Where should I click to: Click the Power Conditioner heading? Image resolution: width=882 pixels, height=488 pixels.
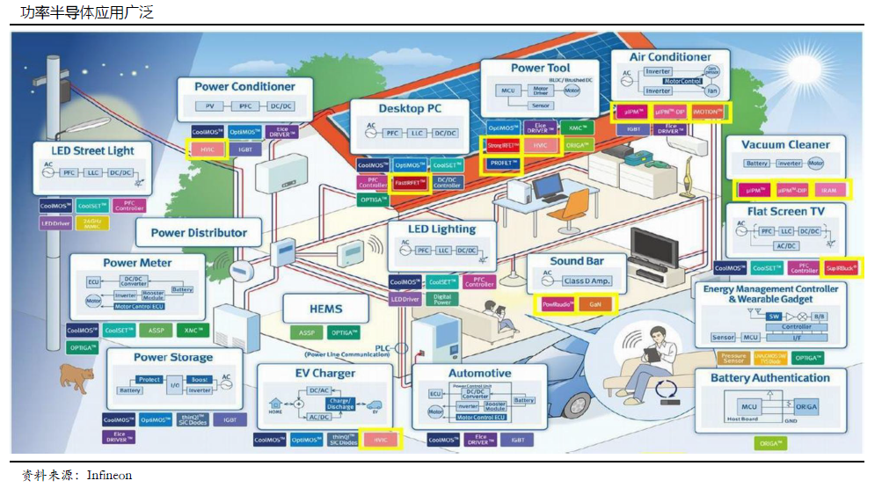pyautogui.click(x=245, y=86)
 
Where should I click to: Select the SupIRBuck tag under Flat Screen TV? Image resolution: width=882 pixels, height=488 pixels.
pyautogui.click(x=842, y=267)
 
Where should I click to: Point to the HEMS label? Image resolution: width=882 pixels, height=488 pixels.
pyautogui.click(x=325, y=310)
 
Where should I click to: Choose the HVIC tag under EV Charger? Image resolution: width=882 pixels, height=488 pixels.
pyautogui.click(x=380, y=439)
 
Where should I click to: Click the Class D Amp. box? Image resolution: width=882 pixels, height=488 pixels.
pyautogui.click(x=587, y=280)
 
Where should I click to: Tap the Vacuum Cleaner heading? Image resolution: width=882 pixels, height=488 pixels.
pyautogui.click(x=785, y=144)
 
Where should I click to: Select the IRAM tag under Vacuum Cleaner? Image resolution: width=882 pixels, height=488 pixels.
pyautogui.click(x=827, y=190)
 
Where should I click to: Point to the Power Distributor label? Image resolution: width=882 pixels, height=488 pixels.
pyautogui.click(x=199, y=233)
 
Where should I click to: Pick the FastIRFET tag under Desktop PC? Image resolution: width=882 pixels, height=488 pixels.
pyautogui.click(x=411, y=183)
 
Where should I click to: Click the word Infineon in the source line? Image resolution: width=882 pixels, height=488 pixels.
pyautogui.click(x=109, y=475)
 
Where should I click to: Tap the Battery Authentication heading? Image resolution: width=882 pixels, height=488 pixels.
pyautogui.click(x=769, y=378)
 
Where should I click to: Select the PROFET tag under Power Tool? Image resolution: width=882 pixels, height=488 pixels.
pyautogui.click(x=503, y=164)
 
